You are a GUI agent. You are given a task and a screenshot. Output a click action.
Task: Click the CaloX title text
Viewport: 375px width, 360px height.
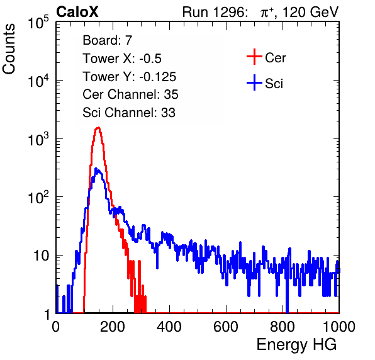tap(77, 12)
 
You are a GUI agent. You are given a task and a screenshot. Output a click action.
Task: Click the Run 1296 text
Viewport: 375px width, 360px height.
tap(213, 12)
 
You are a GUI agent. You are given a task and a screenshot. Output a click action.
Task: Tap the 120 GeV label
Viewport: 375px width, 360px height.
tap(310, 12)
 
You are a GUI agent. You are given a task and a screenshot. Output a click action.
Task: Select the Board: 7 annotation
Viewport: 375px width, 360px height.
tap(107, 40)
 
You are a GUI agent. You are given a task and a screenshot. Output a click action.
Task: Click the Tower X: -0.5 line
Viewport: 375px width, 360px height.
tap(122, 59)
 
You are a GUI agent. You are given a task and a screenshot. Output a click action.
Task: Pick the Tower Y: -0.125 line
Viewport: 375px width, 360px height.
tap(130, 77)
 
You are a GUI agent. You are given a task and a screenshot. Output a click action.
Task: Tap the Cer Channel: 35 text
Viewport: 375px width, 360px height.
tap(130, 94)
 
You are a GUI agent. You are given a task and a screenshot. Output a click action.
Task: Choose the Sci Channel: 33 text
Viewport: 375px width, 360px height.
tap(129, 113)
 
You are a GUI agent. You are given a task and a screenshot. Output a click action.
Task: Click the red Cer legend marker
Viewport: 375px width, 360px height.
tap(254, 57)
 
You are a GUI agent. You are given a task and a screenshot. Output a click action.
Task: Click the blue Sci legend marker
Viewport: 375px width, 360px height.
tap(254, 82)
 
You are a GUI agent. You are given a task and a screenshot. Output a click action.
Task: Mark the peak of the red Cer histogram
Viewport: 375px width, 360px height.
tap(98, 128)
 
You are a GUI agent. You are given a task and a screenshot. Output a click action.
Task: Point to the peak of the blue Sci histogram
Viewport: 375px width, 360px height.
tap(96, 169)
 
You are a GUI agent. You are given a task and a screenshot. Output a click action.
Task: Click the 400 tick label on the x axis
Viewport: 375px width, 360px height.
tap(169, 327)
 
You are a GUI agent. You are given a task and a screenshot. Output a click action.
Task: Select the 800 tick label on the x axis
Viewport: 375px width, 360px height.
tap(283, 327)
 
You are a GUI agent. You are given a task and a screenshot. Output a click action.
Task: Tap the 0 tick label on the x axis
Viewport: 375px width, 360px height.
tap(56, 327)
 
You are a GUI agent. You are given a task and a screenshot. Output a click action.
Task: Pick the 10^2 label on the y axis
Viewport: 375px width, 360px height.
tap(38, 198)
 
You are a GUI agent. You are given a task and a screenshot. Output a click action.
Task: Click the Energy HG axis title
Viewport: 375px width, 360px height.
tap(296, 345)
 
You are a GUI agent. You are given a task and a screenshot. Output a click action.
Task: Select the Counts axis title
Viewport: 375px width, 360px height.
tap(9, 49)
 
